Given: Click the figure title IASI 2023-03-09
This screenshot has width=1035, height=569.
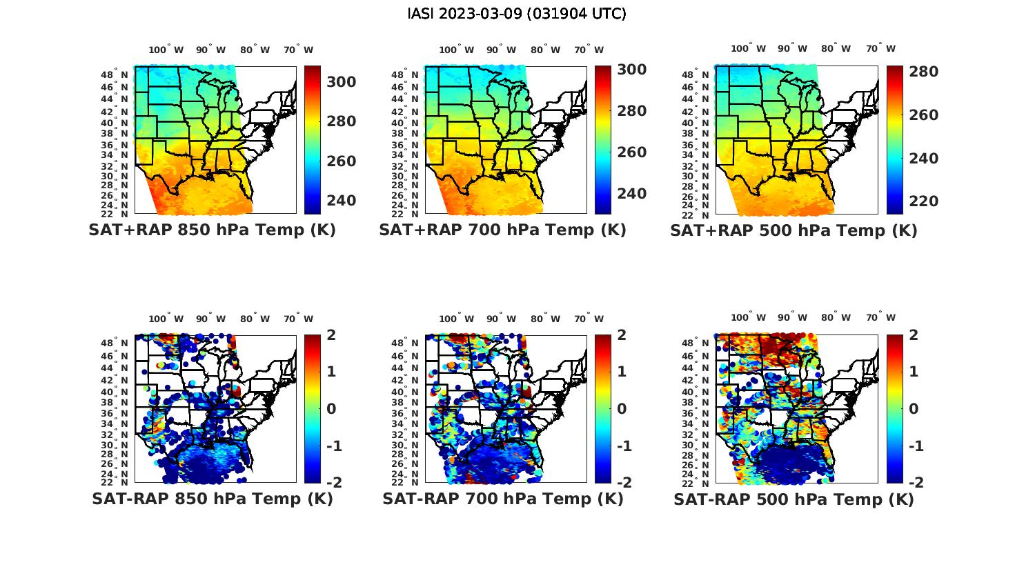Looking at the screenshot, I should click(517, 14).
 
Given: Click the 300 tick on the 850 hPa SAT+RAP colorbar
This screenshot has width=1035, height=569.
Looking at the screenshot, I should click(341, 82).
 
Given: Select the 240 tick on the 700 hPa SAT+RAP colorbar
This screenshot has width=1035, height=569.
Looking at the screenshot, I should click(631, 194).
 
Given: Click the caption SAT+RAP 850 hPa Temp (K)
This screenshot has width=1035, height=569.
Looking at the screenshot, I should click(212, 230).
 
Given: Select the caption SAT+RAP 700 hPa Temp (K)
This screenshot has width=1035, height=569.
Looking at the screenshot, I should click(502, 230).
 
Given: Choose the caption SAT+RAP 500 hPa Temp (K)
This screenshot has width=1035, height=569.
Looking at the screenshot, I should click(793, 231).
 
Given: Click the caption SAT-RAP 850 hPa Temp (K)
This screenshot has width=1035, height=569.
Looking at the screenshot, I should click(212, 499).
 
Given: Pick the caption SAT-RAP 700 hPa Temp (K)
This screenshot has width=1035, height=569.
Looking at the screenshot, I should click(502, 499).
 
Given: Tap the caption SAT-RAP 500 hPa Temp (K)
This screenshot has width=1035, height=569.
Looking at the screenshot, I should click(793, 499).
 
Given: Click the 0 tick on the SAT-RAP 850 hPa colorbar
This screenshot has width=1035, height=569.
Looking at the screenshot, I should click(331, 409).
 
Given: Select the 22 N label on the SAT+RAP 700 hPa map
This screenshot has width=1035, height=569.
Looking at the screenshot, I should click(406, 214).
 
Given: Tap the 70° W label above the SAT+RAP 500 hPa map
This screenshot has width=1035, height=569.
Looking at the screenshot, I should click(881, 48).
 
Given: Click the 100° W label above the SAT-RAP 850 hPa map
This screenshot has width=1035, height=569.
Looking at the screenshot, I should click(166, 319).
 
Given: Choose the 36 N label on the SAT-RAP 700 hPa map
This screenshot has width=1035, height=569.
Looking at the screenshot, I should click(406, 413).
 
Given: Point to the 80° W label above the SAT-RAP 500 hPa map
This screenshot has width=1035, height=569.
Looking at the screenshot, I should click(836, 317).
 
